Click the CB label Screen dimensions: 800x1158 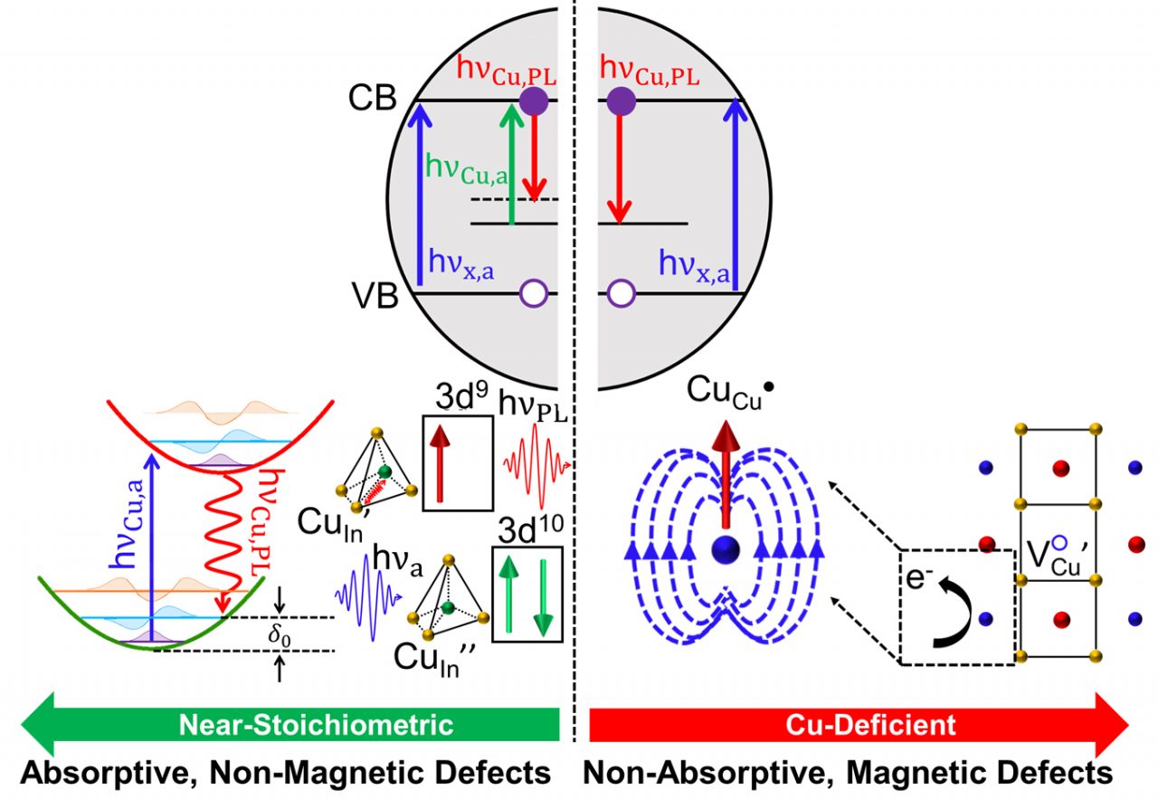click(372, 99)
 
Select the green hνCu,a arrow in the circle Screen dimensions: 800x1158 click(512, 163)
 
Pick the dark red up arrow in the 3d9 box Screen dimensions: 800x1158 click(442, 462)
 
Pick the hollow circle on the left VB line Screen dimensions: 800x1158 click(534, 293)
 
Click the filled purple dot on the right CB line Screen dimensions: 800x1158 click(620, 100)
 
